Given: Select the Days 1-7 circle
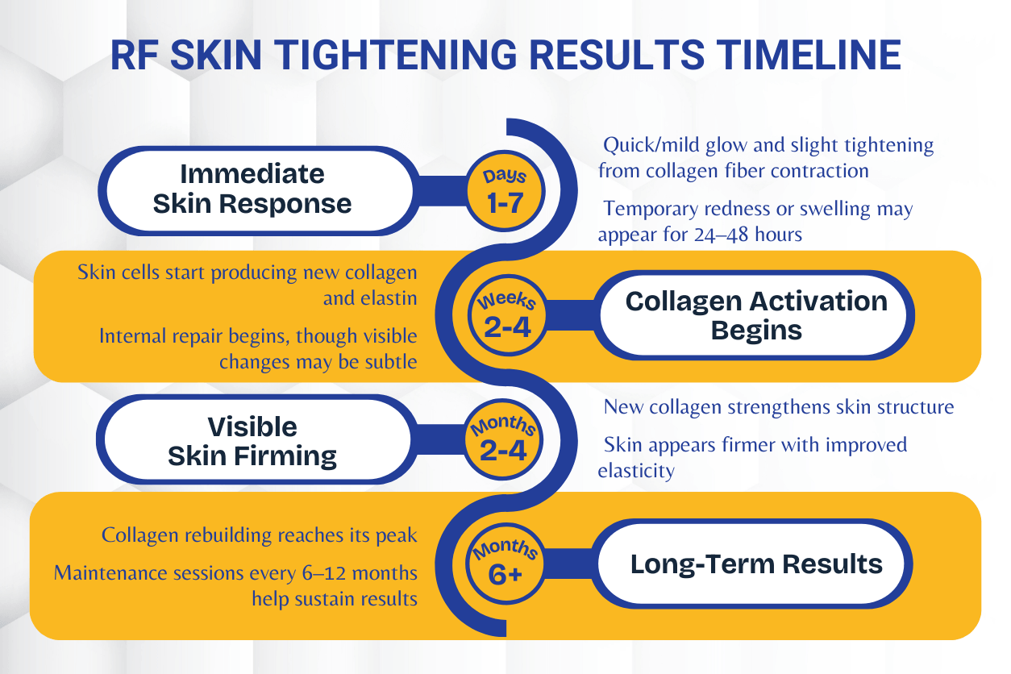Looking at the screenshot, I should pyautogui.click(x=505, y=192).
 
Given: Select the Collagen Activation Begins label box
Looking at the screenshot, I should pyautogui.click(x=756, y=314).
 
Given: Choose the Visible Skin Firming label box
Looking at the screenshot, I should pyautogui.click(x=252, y=441).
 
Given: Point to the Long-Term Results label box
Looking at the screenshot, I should pyautogui.click(x=756, y=564).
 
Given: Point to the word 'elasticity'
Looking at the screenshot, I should pyautogui.click(x=636, y=471).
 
